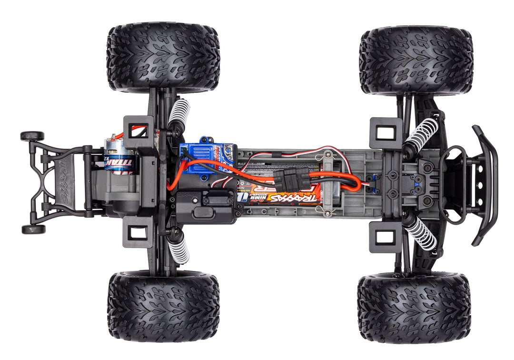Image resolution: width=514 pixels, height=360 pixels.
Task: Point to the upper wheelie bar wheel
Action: [32, 136]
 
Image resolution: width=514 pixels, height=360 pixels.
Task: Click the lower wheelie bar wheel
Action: [33, 229]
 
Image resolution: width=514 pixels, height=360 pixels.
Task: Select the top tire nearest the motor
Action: [163, 56]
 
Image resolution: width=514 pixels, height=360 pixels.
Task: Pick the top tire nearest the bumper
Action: [416, 60]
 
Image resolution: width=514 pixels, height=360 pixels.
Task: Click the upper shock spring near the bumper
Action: [421, 135]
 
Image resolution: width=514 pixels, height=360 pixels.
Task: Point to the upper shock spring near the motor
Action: [179, 113]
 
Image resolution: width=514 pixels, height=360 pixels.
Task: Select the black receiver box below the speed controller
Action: [205, 206]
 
